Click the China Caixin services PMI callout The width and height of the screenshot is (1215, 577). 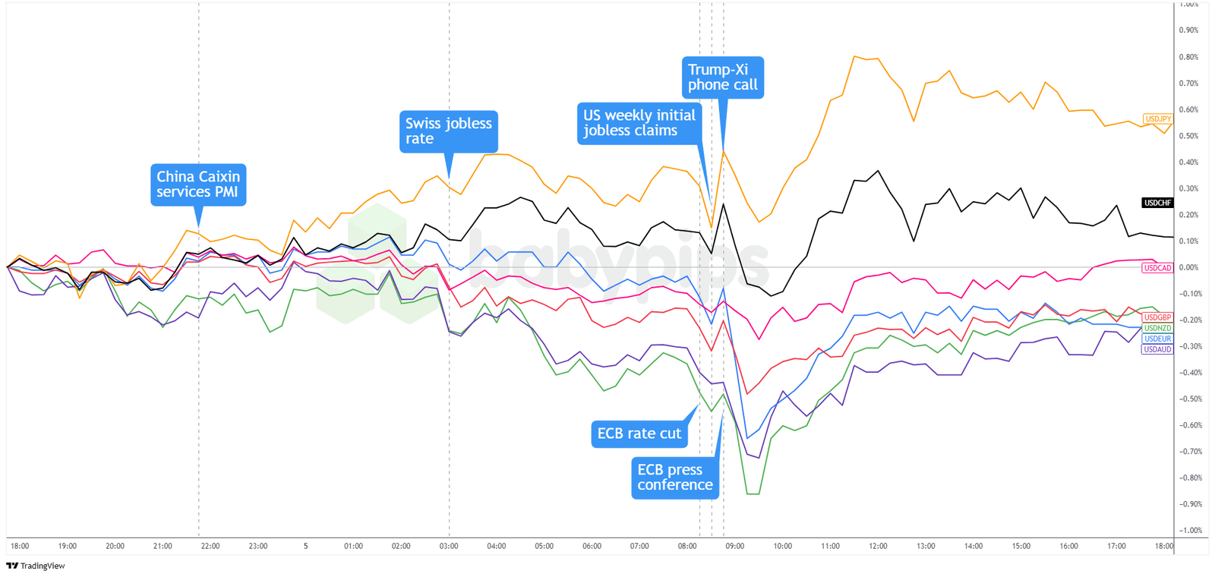[x=198, y=184]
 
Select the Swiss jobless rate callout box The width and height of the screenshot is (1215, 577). [x=449, y=131]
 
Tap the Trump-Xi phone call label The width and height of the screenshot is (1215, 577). [x=722, y=77]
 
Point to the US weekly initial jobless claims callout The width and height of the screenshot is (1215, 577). [x=639, y=123]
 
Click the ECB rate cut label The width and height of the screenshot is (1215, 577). [x=639, y=434]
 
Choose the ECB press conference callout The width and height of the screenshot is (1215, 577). [x=675, y=478]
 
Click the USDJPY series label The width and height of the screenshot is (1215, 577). [x=1158, y=119]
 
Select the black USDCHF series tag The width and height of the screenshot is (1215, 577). [x=1158, y=203]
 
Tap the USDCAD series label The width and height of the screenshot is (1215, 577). [x=1158, y=268]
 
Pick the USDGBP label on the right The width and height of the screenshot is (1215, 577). [x=1158, y=317]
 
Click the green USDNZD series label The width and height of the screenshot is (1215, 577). [x=1158, y=328]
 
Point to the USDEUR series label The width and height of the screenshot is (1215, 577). [x=1158, y=339]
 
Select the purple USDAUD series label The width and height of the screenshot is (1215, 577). [x=1158, y=349]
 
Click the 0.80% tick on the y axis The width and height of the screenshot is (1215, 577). [x=1188, y=57]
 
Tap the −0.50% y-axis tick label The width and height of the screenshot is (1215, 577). [x=1188, y=399]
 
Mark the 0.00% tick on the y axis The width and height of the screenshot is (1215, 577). [x=1188, y=268]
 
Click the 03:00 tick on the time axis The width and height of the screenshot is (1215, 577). [x=449, y=546]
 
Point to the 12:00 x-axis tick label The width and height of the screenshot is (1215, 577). [x=878, y=546]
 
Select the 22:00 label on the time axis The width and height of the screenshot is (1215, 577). [x=210, y=546]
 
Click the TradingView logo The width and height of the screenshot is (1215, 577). [x=36, y=566]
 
